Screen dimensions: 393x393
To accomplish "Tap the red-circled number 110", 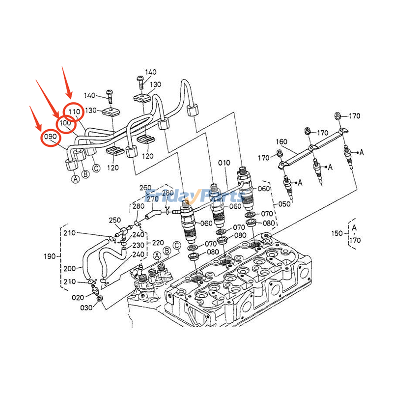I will click(74, 112).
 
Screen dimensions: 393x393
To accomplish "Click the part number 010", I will click(224, 163).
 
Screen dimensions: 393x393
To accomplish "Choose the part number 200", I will click(70, 269).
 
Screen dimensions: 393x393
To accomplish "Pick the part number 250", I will click(114, 220).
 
